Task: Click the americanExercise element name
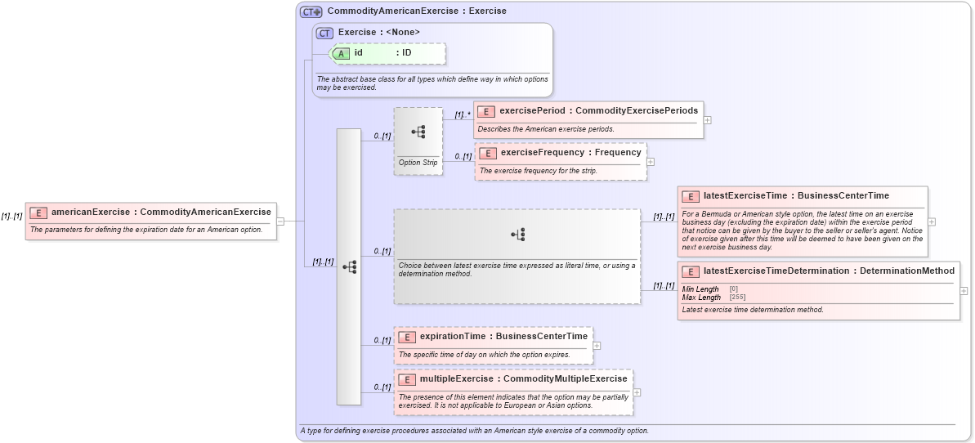pos(90,212)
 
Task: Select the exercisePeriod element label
pos(532,110)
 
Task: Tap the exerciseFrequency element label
pos(534,152)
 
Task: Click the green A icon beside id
pos(341,53)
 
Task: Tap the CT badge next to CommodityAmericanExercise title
pos(311,11)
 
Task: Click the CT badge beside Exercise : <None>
pos(324,33)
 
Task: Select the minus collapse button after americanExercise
pos(280,221)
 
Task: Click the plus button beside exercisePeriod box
pos(707,120)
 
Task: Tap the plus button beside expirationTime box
pos(597,346)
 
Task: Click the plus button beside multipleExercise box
pos(637,392)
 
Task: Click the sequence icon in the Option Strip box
pos(418,131)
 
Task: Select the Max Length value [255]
pos(734,298)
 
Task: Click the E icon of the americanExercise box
pos(38,213)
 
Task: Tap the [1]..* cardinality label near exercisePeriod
pos(463,114)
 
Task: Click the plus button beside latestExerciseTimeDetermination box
pos(964,290)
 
